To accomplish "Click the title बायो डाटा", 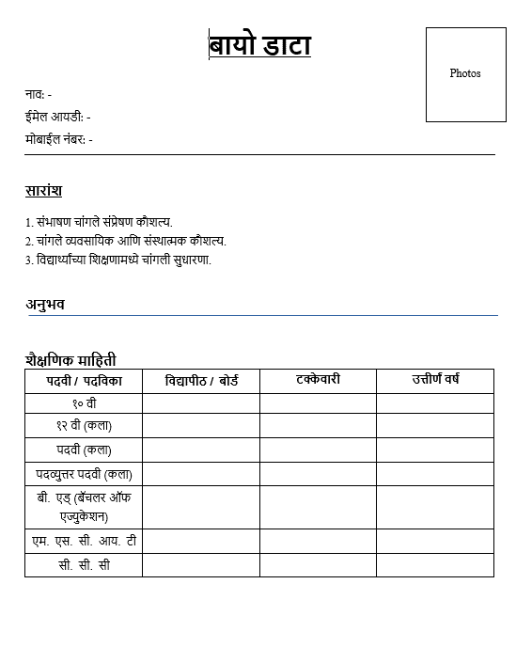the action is click(259, 45).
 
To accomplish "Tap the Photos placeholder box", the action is click(465, 73).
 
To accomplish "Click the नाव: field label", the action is click(39, 94).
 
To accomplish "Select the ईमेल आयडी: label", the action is click(57, 117).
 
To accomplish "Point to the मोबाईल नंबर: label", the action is click(58, 139).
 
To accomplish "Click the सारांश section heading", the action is click(43, 191).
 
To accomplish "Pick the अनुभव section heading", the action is click(45, 304).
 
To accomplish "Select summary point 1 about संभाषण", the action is click(99, 222).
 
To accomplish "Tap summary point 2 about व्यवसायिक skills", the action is click(126, 241).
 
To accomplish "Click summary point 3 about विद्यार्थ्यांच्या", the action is click(118, 260).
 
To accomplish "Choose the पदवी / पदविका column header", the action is click(84, 381).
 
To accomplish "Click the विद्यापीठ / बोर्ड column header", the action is click(201, 381).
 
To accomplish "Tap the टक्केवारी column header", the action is click(318, 379).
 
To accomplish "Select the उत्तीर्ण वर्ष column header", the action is click(435, 380).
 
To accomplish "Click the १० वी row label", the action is click(84, 403).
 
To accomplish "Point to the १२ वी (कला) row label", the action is click(84, 426).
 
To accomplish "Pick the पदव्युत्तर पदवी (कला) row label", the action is click(84, 474).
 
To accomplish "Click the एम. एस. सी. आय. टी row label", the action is click(84, 542).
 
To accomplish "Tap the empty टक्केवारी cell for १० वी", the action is click(318, 403).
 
